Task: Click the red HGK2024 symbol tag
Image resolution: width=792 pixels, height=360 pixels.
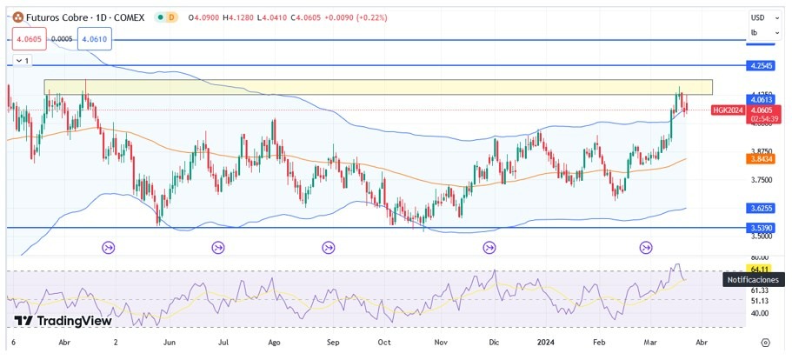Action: point(727,110)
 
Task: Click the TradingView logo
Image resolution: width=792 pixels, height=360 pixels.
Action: point(63,321)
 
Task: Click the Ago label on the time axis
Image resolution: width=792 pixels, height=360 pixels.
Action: point(275,343)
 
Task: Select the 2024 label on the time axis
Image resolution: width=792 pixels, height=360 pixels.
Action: point(548,343)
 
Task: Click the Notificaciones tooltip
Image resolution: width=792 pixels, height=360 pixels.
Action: point(754,280)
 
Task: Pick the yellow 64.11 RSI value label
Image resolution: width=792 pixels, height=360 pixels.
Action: point(760,270)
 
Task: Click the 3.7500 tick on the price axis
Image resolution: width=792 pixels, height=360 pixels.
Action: point(761,180)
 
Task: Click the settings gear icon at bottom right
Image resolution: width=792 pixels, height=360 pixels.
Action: point(765,343)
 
